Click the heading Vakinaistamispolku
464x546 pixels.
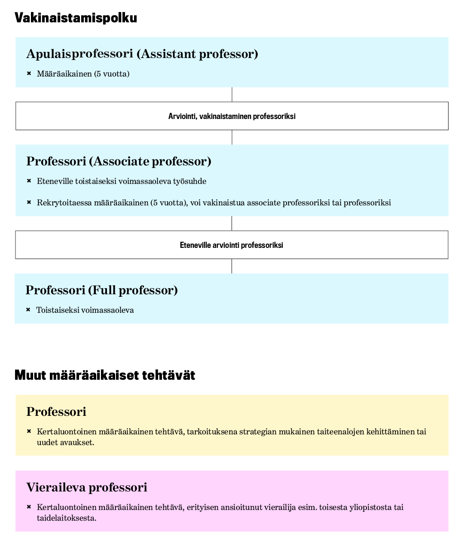point(76,18)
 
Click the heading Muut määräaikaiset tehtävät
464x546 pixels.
point(105,375)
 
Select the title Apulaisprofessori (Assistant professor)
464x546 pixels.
point(142,54)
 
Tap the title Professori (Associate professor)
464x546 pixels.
point(119,161)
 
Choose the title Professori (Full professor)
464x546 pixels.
point(102,290)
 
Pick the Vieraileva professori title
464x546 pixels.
point(87,487)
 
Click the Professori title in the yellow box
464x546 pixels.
point(56,412)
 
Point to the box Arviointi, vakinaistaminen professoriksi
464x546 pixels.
point(232,116)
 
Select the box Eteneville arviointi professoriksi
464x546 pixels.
point(232,245)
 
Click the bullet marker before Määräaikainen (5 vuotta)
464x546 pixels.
point(29,73)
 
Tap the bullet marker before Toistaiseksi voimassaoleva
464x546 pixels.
point(28,310)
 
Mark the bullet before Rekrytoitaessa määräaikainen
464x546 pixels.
point(29,202)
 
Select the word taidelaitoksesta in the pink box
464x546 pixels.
point(66,518)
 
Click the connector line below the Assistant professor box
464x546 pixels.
point(232,95)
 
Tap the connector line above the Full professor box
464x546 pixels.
point(232,266)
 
